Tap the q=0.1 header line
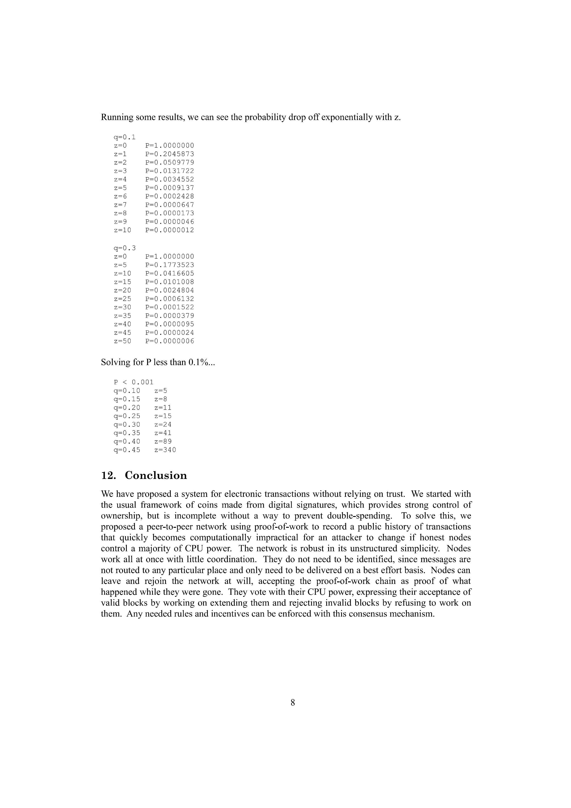click(x=125, y=137)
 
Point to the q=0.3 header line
click(x=125, y=248)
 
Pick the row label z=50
click(x=122, y=341)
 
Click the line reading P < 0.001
click(x=134, y=382)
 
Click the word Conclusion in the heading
click(x=156, y=475)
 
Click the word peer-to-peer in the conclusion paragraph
click(x=169, y=527)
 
